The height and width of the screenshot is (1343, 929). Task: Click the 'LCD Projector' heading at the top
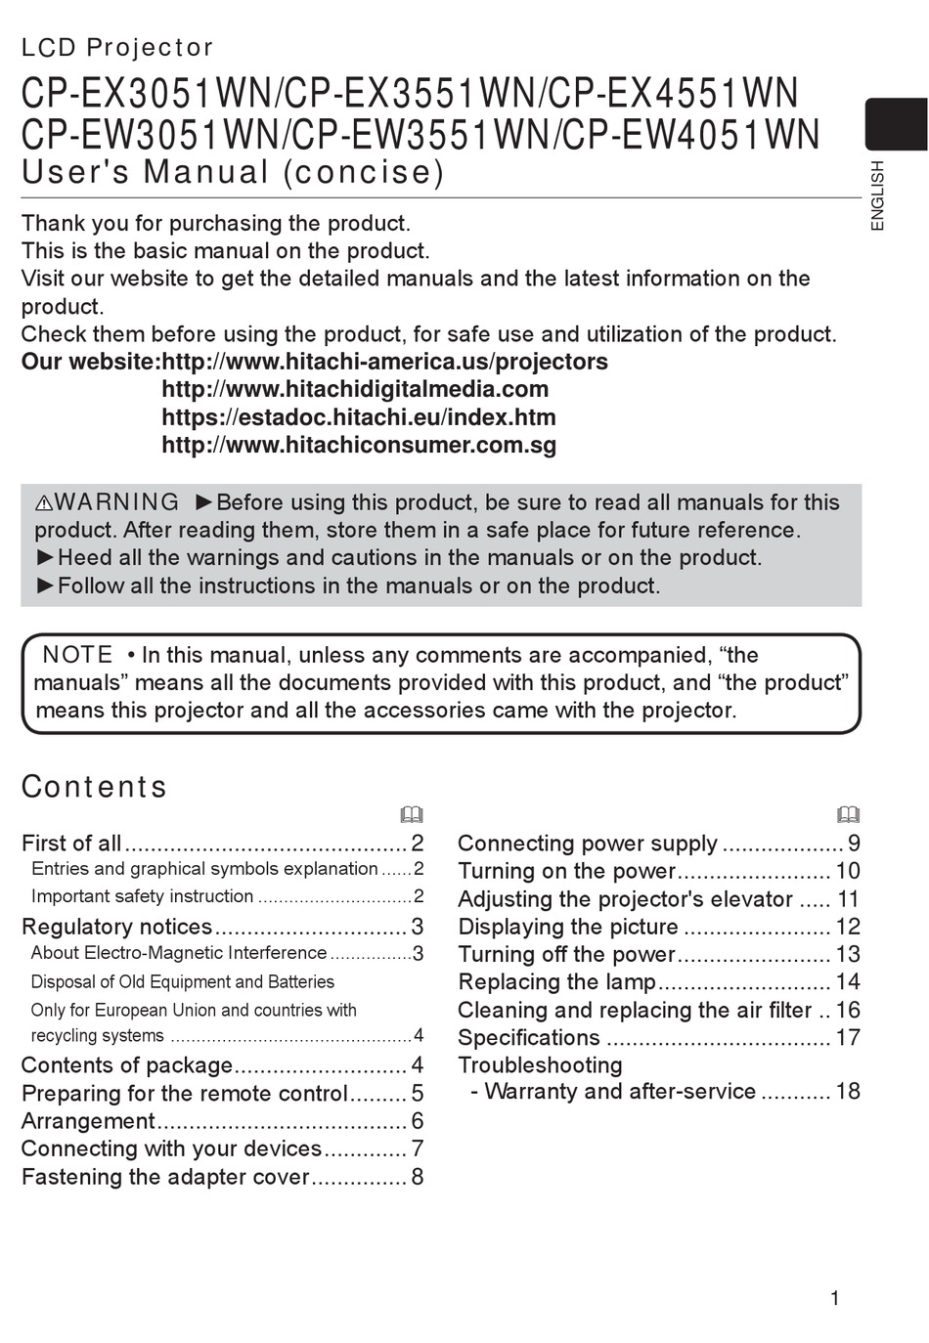[x=117, y=47]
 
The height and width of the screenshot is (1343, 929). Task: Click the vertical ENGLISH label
[x=877, y=195]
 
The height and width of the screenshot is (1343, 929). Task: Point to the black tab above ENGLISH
[x=895, y=124]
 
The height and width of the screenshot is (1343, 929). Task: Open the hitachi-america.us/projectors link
[x=384, y=362]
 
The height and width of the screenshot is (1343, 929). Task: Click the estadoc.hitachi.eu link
[x=358, y=417]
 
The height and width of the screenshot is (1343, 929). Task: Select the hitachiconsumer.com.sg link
[x=358, y=446]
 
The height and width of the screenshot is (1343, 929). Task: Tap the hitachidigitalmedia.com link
[x=354, y=389]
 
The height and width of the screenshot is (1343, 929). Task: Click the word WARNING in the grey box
[x=117, y=502]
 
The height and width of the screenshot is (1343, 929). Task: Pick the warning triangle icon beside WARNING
[x=44, y=503]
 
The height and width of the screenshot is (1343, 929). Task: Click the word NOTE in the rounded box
[x=78, y=655]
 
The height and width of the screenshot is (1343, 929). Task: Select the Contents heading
[x=94, y=787]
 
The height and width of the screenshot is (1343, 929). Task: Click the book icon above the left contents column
[x=412, y=815]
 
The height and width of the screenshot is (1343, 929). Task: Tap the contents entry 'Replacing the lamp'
[x=556, y=982]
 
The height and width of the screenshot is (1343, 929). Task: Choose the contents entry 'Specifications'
[x=528, y=1038]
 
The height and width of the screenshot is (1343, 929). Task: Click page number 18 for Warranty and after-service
[x=848, y=1092]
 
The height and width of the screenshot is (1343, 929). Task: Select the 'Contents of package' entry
[x=127, y=1065]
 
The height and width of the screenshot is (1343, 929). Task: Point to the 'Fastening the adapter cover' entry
[x=165, y=1177]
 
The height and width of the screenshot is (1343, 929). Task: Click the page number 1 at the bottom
[x=834, y=1298]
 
